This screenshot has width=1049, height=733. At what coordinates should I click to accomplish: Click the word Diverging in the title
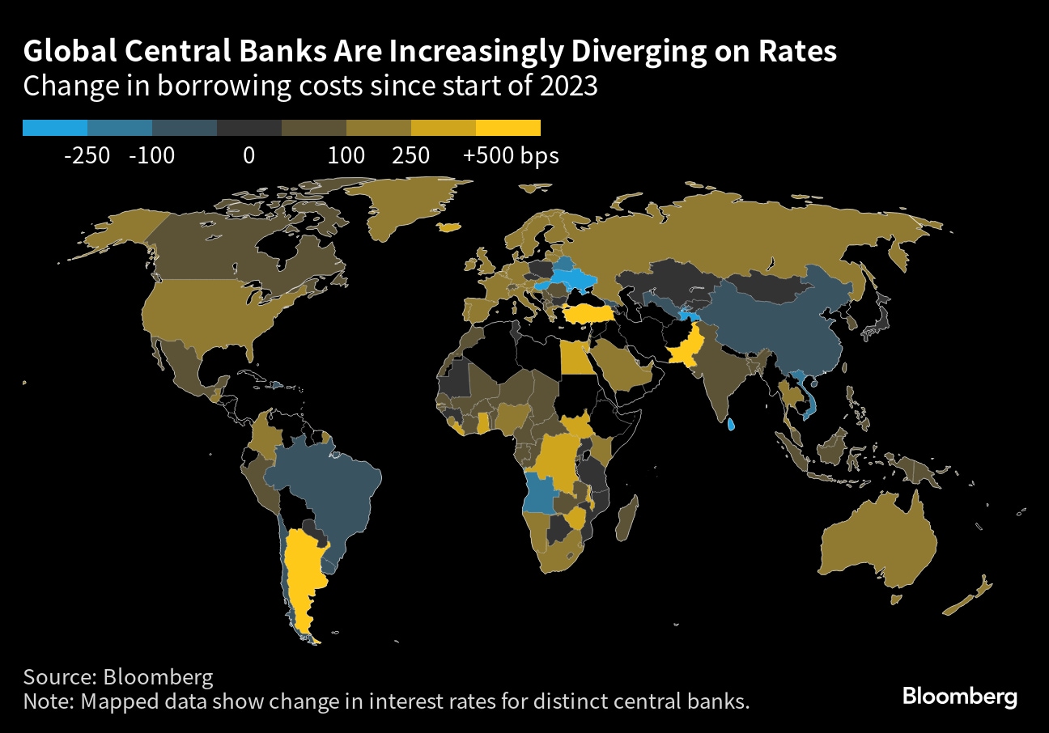click(639, 52)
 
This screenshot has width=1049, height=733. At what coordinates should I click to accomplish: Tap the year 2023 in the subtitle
click(568, 86)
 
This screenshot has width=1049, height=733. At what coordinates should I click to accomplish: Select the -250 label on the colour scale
click(87, 156)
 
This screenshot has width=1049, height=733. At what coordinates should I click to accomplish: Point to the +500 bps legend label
click(511, 156)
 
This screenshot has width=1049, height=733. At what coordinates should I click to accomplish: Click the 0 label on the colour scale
click(249, 156)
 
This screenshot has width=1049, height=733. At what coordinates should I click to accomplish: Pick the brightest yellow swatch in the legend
click(508, 128)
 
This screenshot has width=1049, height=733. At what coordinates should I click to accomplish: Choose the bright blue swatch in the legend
click(55, 128)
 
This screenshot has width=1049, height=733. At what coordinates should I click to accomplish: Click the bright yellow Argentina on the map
click(303, 580)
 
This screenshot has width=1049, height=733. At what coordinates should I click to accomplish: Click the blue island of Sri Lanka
click(731, 425)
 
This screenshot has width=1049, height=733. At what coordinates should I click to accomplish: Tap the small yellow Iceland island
click(449, 227)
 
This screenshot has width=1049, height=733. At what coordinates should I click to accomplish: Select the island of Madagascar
click(627, 519)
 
